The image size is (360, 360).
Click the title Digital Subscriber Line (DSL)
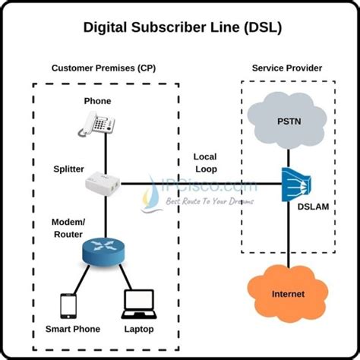pos(180,27)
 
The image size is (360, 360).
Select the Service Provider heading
pos(286,68)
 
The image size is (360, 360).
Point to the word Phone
pos(98,101)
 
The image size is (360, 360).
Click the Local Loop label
pos(206,163)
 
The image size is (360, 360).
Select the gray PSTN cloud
pos(289,122)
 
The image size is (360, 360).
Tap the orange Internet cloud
pos(289,292)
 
